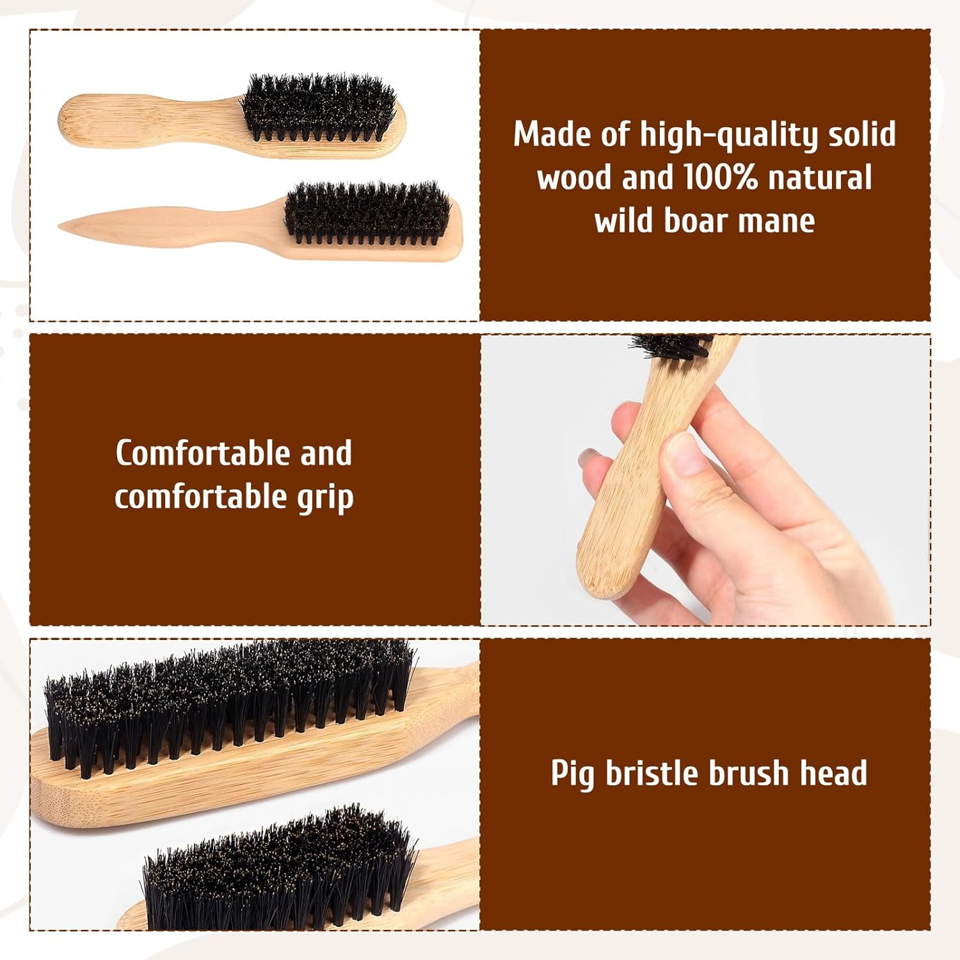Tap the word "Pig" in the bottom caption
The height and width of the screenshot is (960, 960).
572,774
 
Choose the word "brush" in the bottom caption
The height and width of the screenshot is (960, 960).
748,773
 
